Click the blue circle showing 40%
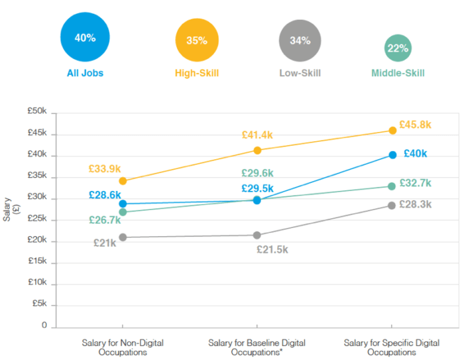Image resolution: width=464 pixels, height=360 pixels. (x=85, y=38)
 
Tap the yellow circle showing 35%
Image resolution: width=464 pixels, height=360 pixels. (x=196, y=40)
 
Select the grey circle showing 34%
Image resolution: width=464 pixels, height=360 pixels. (x=300, y=40)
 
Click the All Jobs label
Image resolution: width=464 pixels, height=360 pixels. (x=85, y=73)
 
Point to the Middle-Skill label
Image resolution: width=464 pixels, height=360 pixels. (x=398, y=73)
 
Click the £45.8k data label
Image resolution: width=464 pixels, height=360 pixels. (x=415, y=124)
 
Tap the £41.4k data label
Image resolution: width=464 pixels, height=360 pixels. (x=257, y=135)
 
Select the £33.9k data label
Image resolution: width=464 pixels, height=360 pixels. (x=105, y=168)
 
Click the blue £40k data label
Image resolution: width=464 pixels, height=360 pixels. (x=415, y=153)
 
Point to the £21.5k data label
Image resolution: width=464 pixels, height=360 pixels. (x=273, y=249)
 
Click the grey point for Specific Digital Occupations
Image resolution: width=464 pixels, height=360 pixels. (x=392, y=206)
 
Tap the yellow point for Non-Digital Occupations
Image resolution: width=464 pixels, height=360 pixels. (x=123, y=180)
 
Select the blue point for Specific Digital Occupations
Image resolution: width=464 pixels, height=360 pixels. (x=392, y=154)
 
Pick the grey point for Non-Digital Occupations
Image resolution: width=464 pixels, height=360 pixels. (x=123, y=237)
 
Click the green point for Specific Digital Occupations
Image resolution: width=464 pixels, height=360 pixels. (x=392, y=186)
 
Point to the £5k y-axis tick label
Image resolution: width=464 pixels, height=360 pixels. (x=40, y=305)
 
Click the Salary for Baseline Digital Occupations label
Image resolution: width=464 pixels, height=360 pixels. (x=257, y=347)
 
